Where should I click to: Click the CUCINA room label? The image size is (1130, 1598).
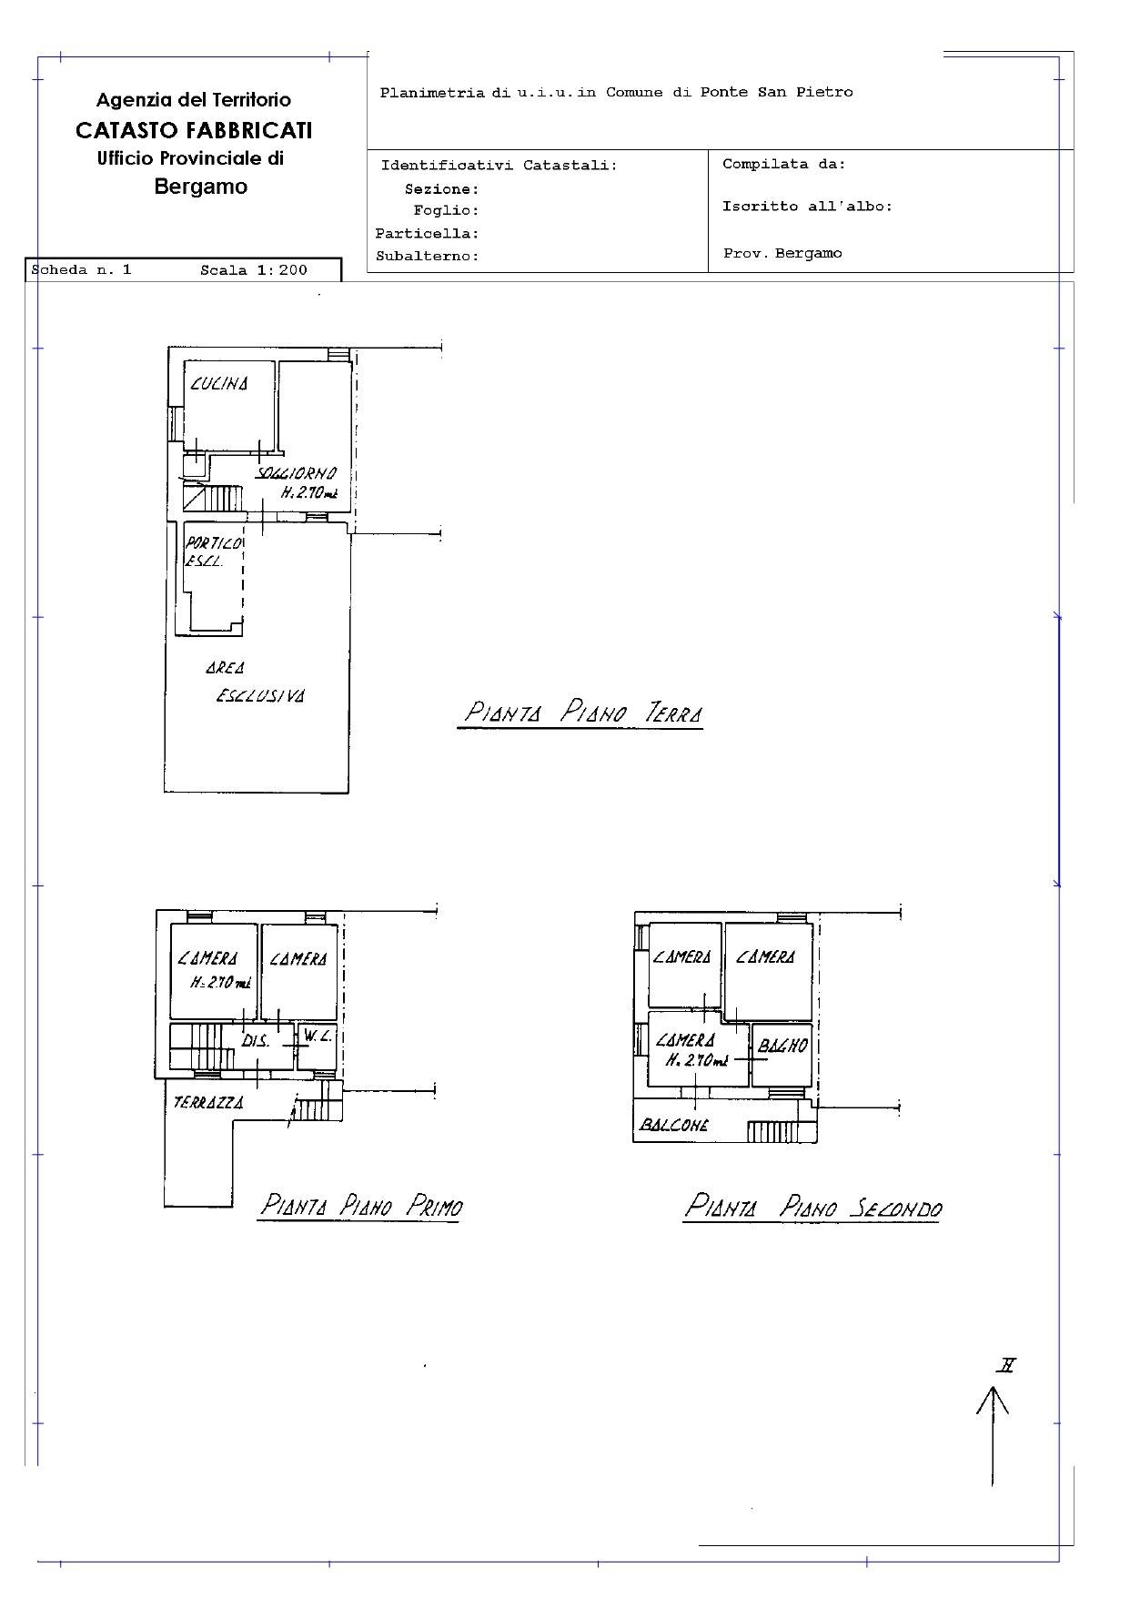tap(219, 384)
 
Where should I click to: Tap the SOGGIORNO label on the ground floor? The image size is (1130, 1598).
tap(297, 473)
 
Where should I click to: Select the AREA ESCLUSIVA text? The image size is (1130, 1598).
tap(256, 682)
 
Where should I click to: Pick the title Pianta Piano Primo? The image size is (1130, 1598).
tap(361, 1206)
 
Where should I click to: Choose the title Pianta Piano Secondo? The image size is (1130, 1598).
tap(812, 1207)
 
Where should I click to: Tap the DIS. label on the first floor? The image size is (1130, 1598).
tap(256, 1041)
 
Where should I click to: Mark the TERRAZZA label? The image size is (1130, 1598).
tap(208, 1103)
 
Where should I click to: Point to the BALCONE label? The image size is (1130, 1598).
tap(674, 1125)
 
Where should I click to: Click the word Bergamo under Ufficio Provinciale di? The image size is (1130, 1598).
tap(201, 187)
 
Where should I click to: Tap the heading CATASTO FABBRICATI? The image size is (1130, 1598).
tap(194, 130)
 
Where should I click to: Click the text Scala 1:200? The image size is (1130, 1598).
tap(254, 269)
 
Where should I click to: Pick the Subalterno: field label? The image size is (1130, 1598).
tap(428, 257)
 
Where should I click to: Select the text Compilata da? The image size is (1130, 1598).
tap(784, 165)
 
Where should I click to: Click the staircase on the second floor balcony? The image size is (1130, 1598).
tap(772, 1131)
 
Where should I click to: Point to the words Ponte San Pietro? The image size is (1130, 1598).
tap(776, 92)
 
